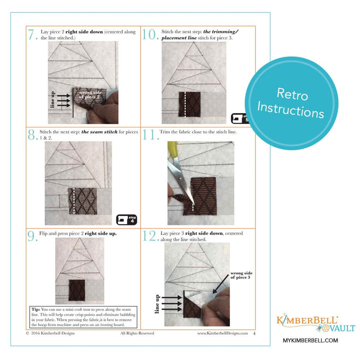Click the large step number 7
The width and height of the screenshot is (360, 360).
tap(33, 35)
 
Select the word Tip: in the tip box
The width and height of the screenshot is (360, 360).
tap(35, 309)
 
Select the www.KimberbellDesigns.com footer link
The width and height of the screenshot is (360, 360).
tap(222, 333)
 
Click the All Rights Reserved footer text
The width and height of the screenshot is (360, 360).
tap(137, 333)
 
